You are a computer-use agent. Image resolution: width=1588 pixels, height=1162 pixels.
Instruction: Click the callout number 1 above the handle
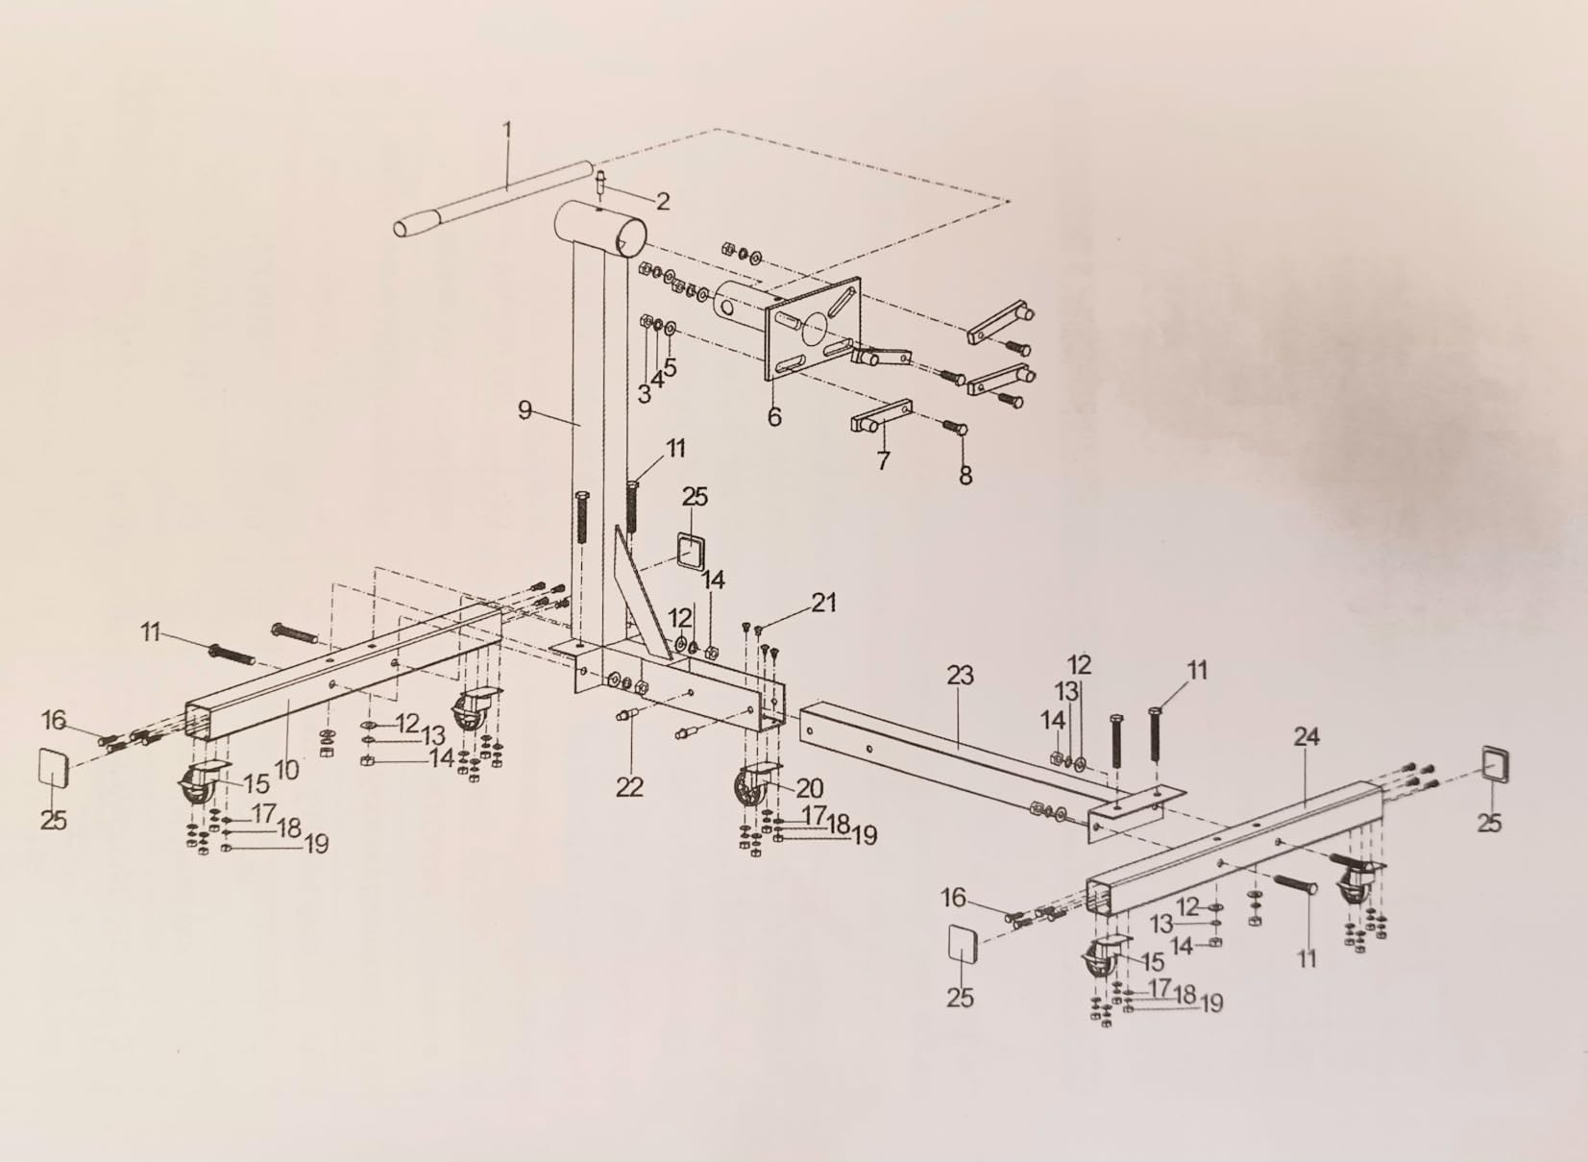[x=507, y=131]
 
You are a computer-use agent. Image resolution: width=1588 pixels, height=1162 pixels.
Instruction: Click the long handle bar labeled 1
[x=494, y=199]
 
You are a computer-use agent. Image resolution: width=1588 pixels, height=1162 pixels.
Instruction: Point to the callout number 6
[x=774, y=416]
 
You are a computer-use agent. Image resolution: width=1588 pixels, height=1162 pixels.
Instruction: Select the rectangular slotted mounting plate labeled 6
[x=814, y=328]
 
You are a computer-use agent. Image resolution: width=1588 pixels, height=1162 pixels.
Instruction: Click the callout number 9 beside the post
[x=525, y=409]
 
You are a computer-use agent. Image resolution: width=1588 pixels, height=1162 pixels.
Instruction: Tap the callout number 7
[x=883, y=460]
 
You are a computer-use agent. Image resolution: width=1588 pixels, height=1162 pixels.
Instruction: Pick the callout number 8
[x=965, y=476]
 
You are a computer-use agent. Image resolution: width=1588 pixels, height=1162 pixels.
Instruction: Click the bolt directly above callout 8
[x=955, y=428]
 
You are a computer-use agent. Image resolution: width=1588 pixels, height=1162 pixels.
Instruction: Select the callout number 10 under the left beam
[x=285, y=771]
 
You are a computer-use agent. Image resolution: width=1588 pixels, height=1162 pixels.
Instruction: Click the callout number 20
[x=810, y=788]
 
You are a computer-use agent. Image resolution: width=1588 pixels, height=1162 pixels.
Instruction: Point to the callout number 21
[x=823, y=603]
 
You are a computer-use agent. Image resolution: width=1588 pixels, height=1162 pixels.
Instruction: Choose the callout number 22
[x=629, y=787]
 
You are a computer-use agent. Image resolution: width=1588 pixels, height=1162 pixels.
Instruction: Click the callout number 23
[x=960, y=676]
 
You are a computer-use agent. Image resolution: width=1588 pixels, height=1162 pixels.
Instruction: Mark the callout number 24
[x=1307, y=737]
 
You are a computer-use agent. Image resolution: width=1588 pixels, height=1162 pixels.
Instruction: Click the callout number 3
[x=644, y=394]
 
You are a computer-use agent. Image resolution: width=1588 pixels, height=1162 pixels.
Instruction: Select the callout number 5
[x=670, y=367]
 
